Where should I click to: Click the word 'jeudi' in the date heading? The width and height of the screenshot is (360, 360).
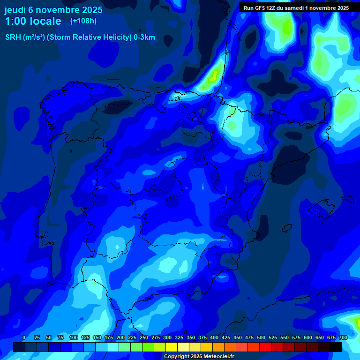pos(15,9)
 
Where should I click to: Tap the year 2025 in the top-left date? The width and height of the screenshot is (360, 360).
pos(89,9)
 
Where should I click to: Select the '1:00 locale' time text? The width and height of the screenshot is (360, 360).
pos(33,21)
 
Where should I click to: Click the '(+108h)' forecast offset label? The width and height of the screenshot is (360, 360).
pos(83,21)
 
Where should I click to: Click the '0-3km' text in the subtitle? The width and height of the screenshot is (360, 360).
pos(144,37)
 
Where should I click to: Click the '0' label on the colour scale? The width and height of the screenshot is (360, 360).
pos(24,337)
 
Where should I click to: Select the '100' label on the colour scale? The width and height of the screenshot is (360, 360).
pos(73,337)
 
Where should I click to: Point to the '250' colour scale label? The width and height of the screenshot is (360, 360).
pos(143,337)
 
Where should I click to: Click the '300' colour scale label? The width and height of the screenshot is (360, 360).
pos(167,337)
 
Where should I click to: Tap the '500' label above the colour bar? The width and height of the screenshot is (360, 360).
pos(261,337)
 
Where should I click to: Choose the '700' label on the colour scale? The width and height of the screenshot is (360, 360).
pos(343,337)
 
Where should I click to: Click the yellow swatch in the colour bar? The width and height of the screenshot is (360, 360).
pos(172,347)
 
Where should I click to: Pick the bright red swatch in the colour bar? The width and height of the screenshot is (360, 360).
pos(265,347)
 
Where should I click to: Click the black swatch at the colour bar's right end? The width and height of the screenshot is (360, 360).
pos(336,347)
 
